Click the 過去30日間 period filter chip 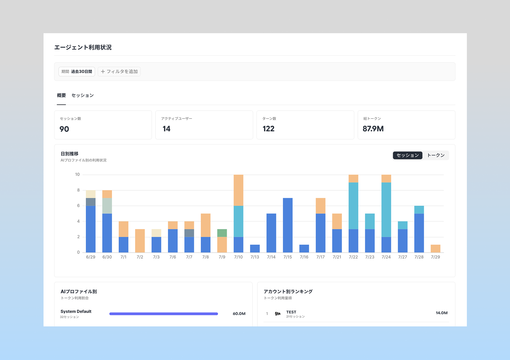point(77,71)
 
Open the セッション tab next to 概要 point(83,95)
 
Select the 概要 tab point(61,95)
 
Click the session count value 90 point(64,129)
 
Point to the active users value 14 point(166,129)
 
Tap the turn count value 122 point(268,129)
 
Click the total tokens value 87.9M point(373,129)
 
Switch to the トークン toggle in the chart point(436,155)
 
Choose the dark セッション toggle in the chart point(408,155)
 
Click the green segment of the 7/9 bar point(222,233)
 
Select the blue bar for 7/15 point(287,225)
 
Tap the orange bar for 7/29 point(435,249)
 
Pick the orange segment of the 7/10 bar point(238,190)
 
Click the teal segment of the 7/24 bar point(386,210)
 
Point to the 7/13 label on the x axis point(255,257)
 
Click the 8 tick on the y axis point(78,190)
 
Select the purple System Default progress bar point(164,314)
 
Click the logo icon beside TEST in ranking point(278,314)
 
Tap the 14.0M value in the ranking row point(441,313)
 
